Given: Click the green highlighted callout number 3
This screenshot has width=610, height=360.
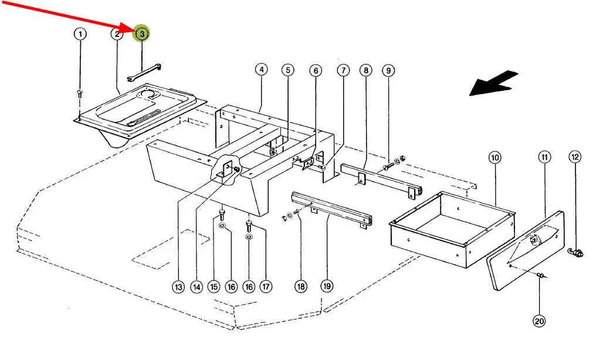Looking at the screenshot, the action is pos(141,34).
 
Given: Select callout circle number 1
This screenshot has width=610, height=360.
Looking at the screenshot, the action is pos(80,34).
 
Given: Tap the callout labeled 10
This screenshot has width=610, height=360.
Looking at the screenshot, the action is pos(494,158).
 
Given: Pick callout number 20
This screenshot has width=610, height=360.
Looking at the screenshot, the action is pos(539,321).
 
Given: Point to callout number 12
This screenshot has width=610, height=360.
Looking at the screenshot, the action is pos(575,157).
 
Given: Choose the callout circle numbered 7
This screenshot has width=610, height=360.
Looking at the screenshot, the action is pos(343,70).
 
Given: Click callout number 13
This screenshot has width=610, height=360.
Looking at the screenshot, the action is pos(178,287).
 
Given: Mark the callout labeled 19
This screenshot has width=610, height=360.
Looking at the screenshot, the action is pos(327,286).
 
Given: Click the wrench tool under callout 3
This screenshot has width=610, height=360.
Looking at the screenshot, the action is pos(144,73).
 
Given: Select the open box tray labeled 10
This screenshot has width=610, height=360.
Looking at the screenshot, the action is pos(452,229).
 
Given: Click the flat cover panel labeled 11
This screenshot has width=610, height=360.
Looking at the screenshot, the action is pos(526,251).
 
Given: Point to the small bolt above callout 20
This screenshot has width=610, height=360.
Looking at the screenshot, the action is pos(541,276).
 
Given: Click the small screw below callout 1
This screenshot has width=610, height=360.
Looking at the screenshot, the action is pos(80,93).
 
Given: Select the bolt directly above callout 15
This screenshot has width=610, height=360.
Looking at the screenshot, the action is pos(222,215).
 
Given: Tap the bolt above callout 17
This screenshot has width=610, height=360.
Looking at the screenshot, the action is pos(249,226).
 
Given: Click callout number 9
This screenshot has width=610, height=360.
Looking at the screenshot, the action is pos(388,70).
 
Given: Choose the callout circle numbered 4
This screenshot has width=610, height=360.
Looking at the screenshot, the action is pos(262,70).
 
